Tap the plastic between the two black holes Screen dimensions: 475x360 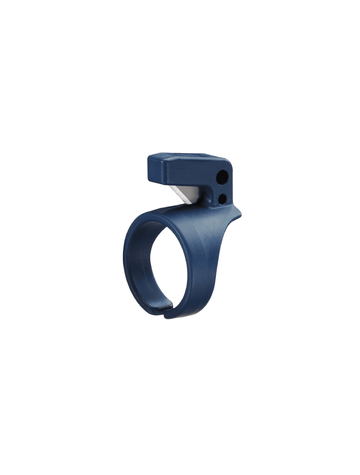tap(223, 187)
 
